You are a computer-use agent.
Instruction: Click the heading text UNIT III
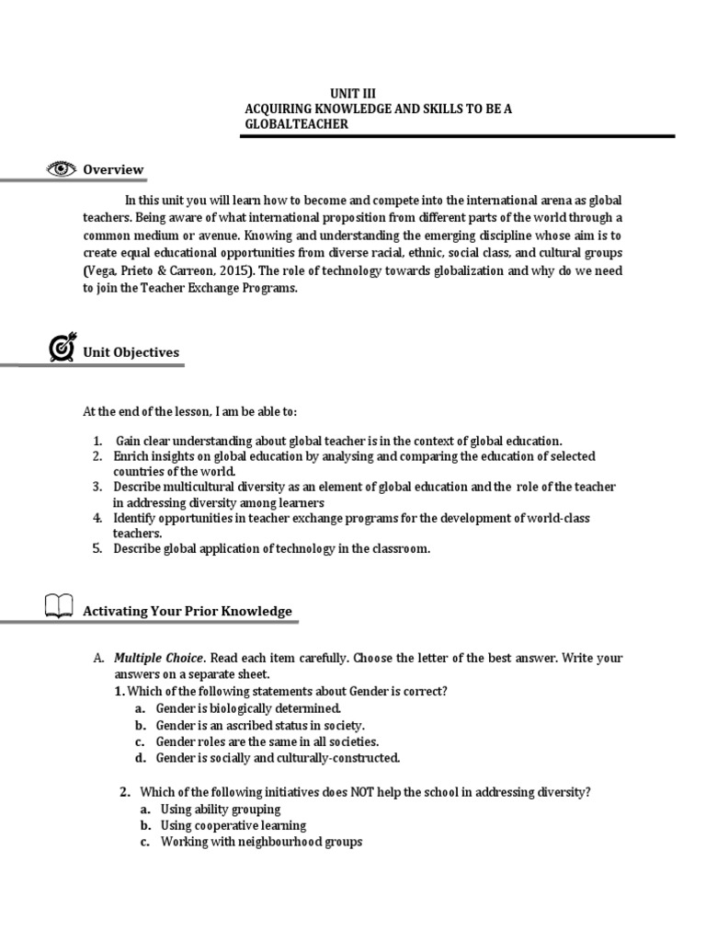tap(353, 93)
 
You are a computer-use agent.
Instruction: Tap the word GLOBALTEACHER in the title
tap(296, 124)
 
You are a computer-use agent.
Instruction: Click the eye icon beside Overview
tap(62, 169)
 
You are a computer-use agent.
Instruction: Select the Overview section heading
tap(113, 169)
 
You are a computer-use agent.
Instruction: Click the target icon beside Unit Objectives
tap(60, 350)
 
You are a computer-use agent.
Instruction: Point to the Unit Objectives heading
tap(131, 352)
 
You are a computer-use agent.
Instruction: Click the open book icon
tap(57, 607)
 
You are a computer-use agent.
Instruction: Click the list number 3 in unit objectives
tap(97, 487)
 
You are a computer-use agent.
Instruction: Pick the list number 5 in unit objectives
tap(97, 549)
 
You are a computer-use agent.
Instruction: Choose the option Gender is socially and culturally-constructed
tap(278, 758)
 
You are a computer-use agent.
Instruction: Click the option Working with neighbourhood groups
tap(261, 842)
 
